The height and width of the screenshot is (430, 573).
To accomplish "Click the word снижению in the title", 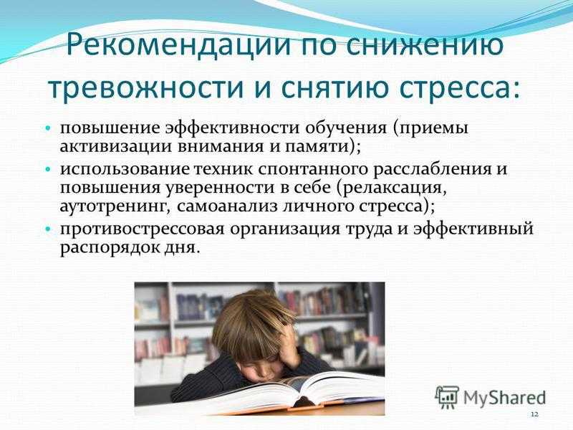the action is click(x=425, y=44).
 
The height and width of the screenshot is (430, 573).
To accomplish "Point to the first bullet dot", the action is click(x=48, y=129).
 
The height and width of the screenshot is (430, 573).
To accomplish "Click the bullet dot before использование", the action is click(x=48, y=170).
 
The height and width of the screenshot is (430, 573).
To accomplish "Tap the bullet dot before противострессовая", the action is click(x=48, y=229).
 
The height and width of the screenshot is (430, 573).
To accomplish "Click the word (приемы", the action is click(x=431, y=129).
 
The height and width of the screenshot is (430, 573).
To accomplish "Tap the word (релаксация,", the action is click(x=392, y=188).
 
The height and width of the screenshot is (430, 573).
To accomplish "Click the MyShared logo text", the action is click(x=505, y=398).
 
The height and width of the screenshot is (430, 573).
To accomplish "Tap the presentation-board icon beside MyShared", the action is click(x=447, y=396).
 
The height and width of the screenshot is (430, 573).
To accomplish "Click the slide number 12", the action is click(x=534, y=414).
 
